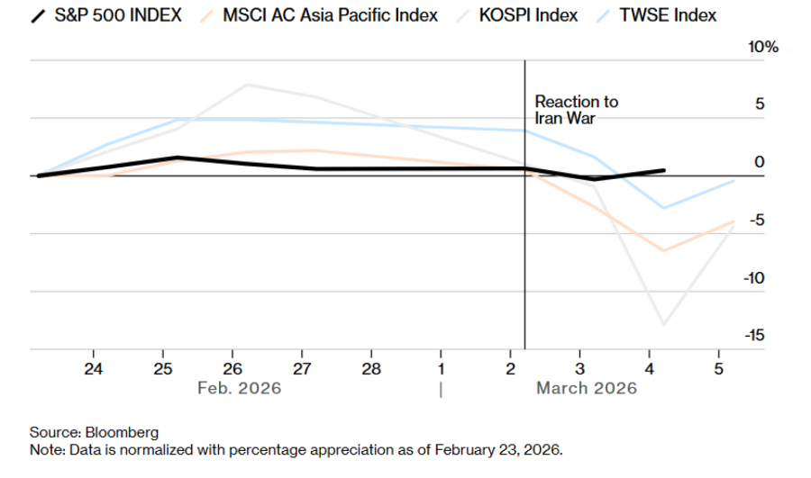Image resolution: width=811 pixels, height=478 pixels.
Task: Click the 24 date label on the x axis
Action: (94, 368)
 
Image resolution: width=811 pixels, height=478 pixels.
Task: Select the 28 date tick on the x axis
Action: (371, 368)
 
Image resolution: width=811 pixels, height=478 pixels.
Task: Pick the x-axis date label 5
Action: (718, 368)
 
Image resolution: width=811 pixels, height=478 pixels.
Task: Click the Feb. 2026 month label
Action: (239, 388)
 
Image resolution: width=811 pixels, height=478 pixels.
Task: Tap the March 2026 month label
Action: (587, 388)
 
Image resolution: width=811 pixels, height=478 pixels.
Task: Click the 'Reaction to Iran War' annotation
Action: (577, 109)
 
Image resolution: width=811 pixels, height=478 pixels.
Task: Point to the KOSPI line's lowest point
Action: (664, 324)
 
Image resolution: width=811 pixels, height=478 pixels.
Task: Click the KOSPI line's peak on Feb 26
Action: (248, 85)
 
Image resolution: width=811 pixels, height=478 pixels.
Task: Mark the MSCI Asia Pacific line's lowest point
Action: (664, 250)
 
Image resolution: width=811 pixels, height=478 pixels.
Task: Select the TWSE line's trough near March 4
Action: (664, 208)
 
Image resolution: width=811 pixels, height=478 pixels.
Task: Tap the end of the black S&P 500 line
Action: (664, 170)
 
